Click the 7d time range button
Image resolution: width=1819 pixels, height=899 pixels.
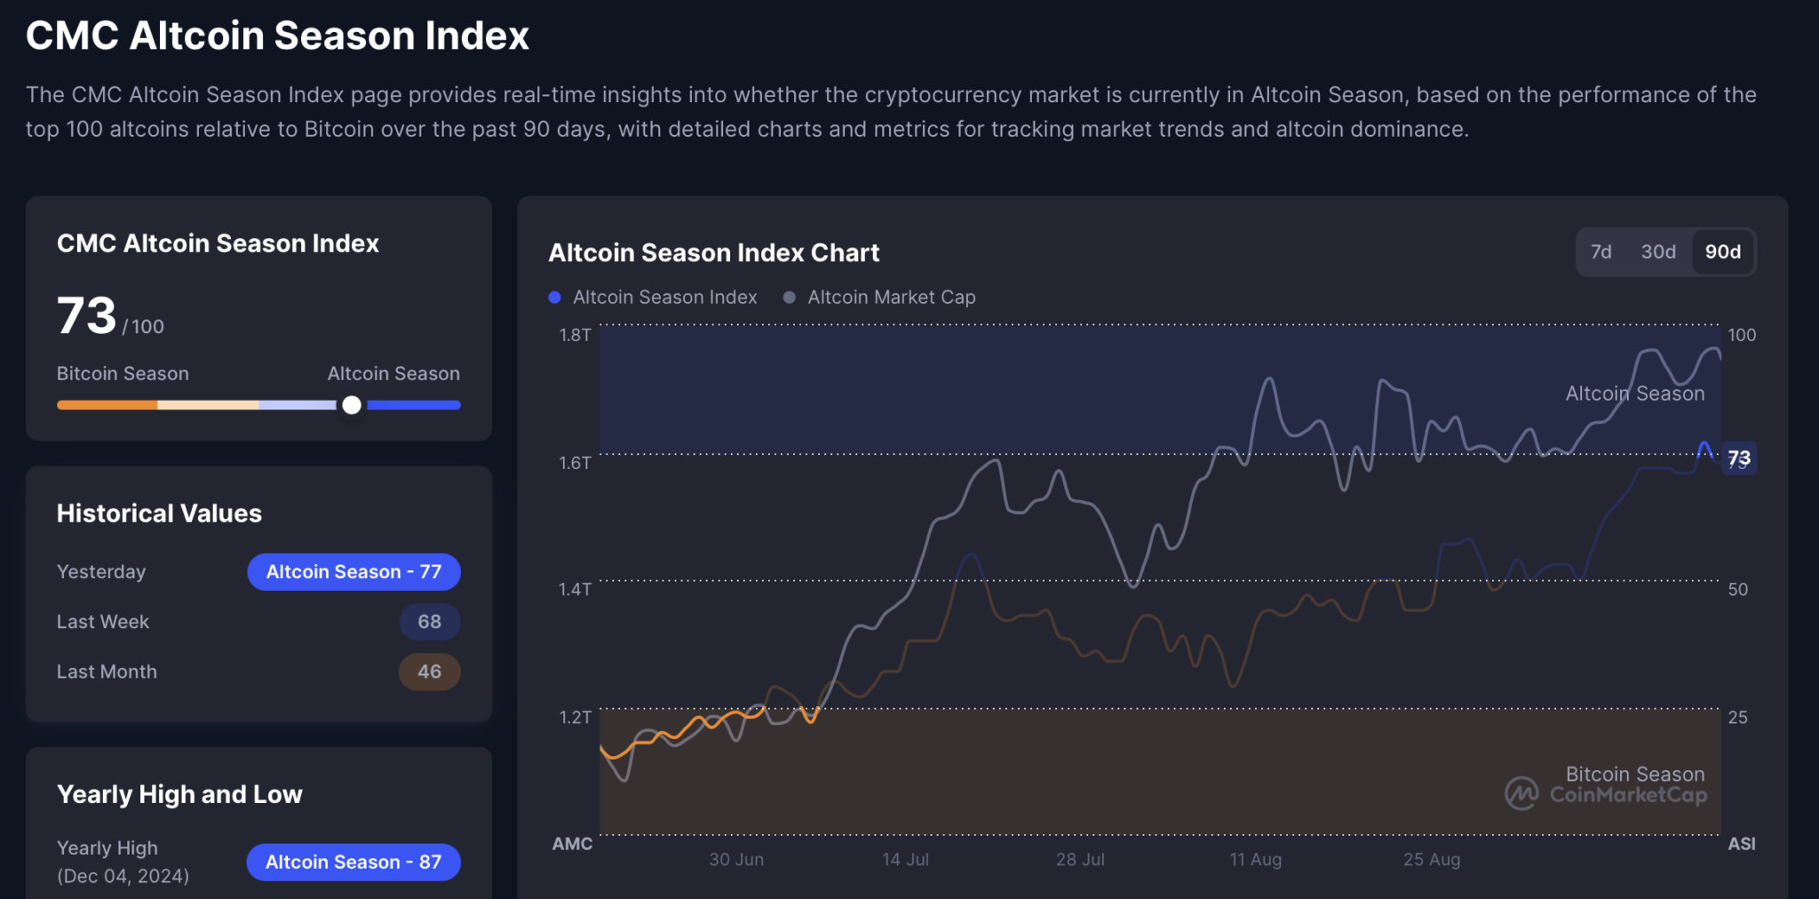pyautogui.click(x=1601, y=252)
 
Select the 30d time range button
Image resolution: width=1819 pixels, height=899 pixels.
pyautogui.click(x=1658, y=252)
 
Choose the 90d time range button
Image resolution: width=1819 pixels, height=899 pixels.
pyautogui.click(x=1722, y=252)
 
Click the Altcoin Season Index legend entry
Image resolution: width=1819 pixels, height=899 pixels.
pyautogui.click(x=654, y=298)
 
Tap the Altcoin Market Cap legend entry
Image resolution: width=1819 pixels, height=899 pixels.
pyautogui.click(x=879, y=298)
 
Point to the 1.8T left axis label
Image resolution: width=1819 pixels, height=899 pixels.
pyautogui.click(x=575, y=335)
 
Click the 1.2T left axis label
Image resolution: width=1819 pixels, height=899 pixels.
pyautogui.click(x=575, y=717)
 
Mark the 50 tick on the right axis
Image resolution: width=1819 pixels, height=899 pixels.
pyautogui.click(x=1737, y=589)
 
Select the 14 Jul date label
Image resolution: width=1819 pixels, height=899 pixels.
pyautogui.click(x=905, y=859)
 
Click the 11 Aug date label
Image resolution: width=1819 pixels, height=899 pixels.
pyautogui.click(x=1255, y=859)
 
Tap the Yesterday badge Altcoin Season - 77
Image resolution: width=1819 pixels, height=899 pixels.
pyautogui.click(x=353, y=572)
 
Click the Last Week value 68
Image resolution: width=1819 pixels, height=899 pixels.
pyautogui.click(x=429, y=622)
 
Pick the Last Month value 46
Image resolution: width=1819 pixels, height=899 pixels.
pyautogui.click(x=429, y=672)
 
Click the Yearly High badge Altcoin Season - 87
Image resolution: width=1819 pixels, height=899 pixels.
pyautogui.click(x=353, y=862)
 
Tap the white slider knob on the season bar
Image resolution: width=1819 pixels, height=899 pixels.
pyautogui.click(x=352, y=405)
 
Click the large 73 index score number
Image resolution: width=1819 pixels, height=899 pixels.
pyautogui.click(x=86, y=316)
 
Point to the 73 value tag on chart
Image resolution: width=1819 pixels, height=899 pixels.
pyautogui.click(x=1738, y=458)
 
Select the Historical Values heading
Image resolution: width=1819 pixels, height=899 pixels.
pyautogui.click(x=159, y=513)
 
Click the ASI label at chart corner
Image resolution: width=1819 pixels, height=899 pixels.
pyautogui.click(x=1741, y=844)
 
